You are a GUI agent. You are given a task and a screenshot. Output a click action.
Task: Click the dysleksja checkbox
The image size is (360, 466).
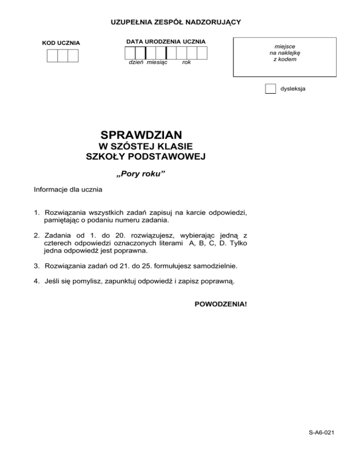(x=270, y=89)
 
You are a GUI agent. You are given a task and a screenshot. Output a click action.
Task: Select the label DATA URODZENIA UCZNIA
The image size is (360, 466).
(x=165, y=42)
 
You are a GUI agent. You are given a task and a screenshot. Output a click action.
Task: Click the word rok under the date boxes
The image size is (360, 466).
(x=186, y=62)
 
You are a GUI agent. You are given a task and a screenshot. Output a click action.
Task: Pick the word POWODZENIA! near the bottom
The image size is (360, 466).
(x=220, y=304)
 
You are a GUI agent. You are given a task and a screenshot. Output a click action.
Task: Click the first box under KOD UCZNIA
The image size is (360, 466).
(x=52, y=56)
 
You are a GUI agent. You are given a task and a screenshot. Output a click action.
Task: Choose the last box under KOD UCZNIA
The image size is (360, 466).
(x=73, y=56)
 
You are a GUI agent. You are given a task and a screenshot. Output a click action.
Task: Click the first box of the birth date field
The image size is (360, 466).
(x=130, y=53)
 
